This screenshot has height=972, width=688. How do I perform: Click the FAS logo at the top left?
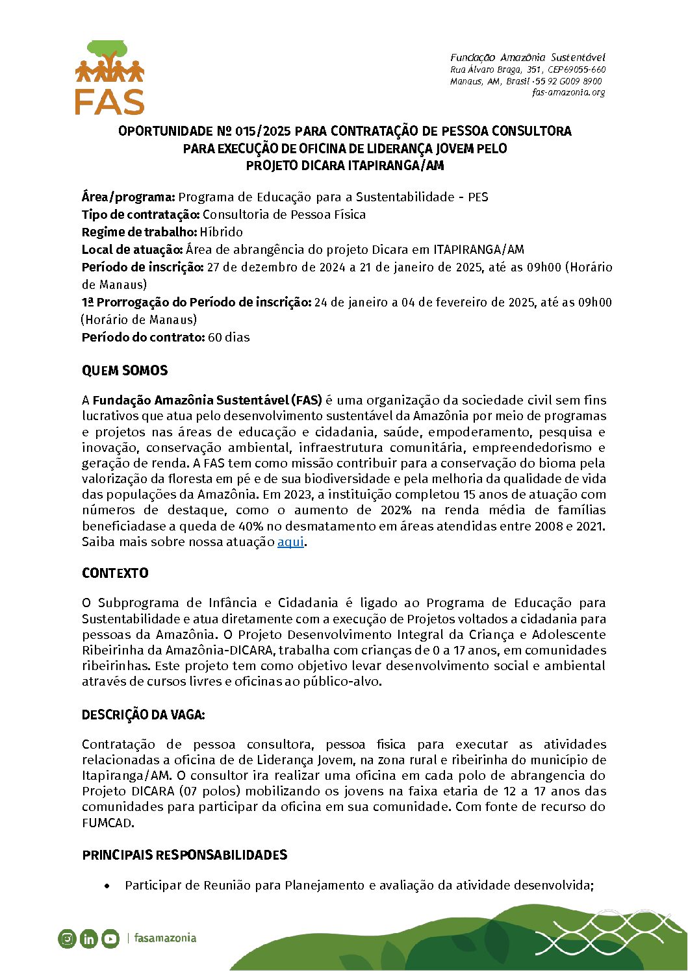pyautogui.click(x=109, y=78)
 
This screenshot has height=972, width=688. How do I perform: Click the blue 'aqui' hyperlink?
pyautogui.click(x=290, y=542)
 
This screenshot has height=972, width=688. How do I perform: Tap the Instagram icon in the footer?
pyautogui.click(x=67, y=939)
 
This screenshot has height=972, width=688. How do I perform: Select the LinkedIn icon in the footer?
pyautogui.click(x=89, y=939)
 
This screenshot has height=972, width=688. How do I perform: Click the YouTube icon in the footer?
pyautogui.click(x=110, y=939)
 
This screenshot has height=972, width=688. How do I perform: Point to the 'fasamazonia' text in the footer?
pyautogui.click(x=165, y=938)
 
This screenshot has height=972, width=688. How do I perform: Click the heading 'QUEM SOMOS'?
pyautogui.click(x=125, y=371)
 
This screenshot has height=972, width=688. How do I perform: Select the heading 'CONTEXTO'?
pyautogui.click(x=115, y=573)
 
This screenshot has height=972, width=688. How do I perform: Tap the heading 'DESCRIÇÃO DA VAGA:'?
pyautogui.click(x=143, y=715)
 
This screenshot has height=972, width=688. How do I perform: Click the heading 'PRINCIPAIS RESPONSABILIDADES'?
pyautogui.click(x=185, y=855)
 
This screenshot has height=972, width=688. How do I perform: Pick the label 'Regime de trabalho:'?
pyautogui.click(x=139, y=232)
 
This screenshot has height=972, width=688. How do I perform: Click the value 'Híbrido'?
pyautogui.click(x=222, y=232)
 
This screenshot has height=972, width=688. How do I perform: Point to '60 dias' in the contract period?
pyautogui.click(x=229, y=338)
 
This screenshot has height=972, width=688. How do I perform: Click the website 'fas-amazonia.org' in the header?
pyautogui.click(x=568, y=92)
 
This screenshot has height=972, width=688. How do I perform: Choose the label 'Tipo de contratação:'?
pyautogui.click(x=140, y=215)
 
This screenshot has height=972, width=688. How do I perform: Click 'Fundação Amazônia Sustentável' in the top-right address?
pyautogui.click(x=528, y=58)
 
